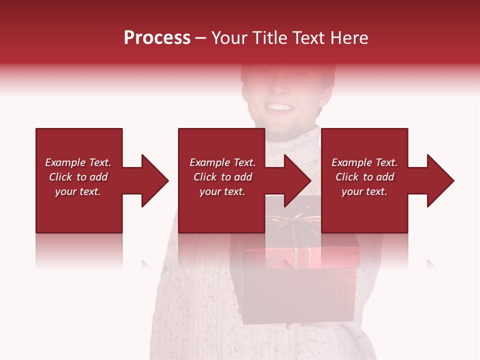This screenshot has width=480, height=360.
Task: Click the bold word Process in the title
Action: click(157, 38)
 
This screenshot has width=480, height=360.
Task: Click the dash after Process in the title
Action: click(200, 38)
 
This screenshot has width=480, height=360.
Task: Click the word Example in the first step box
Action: click(65, 162)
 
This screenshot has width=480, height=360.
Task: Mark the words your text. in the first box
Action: click(78, 191)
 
